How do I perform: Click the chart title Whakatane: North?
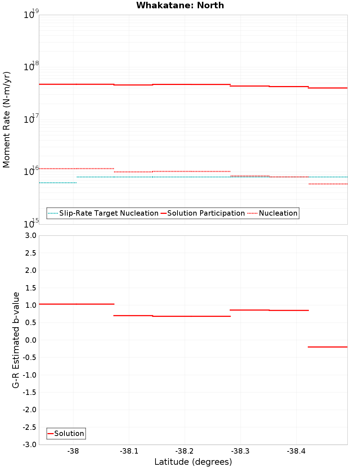point(180,5)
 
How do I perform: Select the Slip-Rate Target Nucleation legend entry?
point(108,213)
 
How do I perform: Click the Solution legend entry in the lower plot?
point(69,433)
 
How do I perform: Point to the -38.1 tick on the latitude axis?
point(129,451)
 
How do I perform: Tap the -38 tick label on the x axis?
point(73,451)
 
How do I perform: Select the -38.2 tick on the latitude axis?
point(185,451)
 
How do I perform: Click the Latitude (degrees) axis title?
point(193,462)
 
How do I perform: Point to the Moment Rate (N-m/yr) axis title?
point(6,120)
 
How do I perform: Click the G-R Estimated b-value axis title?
point(16,340)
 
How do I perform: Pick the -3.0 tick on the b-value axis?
point(30,445)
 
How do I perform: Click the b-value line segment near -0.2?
point(328,347)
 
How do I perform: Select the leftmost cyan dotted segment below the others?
point(58,183)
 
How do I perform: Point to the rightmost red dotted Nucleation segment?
point(328,184)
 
